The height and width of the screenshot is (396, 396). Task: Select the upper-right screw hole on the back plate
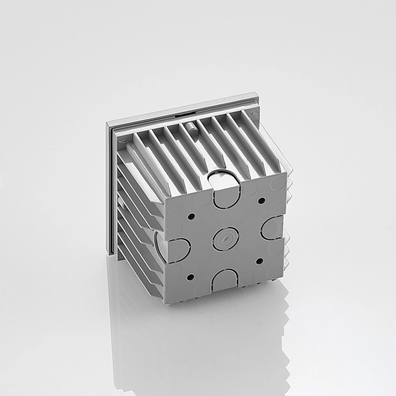pos(262,200)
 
